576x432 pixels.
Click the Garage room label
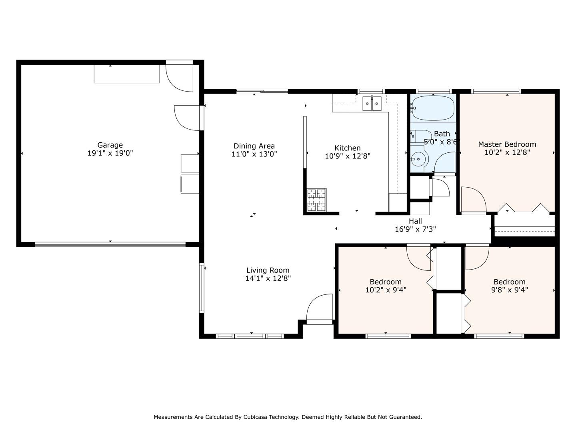pyautogui.click(x=110, y=145)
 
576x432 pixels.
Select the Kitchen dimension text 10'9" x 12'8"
pyautogui.click(x=348, y=156)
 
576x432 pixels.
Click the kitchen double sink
pyautogui.click(x=372, y=104)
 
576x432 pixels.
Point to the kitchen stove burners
pyautogui.click(x=317, y=200)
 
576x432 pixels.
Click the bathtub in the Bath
pyautogui.click(x=433, y=108)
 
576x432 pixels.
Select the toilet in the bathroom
pyautogui.click(x=421, y=136)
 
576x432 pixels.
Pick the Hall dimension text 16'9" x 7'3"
pyautogui.click(x=415, y=229)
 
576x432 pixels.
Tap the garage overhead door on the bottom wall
pyautogui.click(x=110, y=245)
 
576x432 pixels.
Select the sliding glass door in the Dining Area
pyautogui.click(x=262, y=91)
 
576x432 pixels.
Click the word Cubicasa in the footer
pyautogui.click(x=256, y=417)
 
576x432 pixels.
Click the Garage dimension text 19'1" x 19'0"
pyautogui.click(x=110, y=153)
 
